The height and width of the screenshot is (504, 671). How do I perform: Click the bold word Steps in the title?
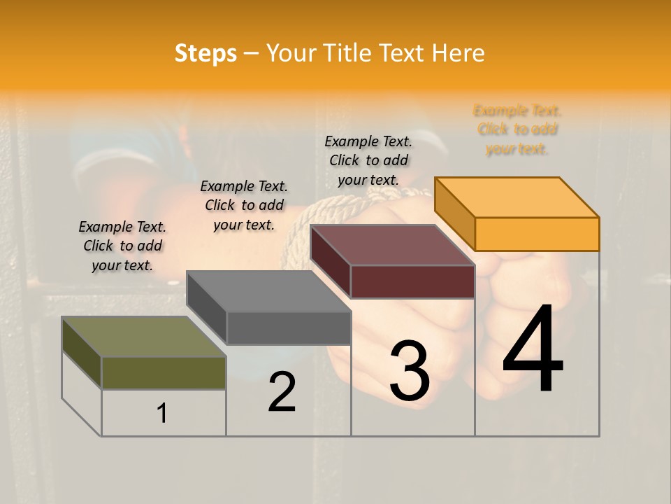205,53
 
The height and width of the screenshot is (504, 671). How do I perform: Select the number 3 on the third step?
410,371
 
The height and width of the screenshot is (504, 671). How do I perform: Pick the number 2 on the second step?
282,392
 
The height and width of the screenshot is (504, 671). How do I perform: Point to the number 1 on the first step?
162,413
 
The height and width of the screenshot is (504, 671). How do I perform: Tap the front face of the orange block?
537,234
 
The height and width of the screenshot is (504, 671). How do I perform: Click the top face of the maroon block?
392,245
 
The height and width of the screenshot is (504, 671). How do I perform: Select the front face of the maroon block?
412,281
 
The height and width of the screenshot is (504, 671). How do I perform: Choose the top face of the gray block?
268,291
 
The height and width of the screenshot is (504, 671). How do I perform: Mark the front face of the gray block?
289,328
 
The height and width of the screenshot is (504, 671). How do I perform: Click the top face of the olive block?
144,337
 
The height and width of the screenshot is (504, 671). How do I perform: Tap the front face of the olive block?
164,372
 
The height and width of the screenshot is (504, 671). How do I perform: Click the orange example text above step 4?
517,129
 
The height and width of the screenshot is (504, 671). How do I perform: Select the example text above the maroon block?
368,160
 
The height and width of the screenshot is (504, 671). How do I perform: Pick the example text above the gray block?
244,205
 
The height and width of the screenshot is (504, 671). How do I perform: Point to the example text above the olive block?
122,246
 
